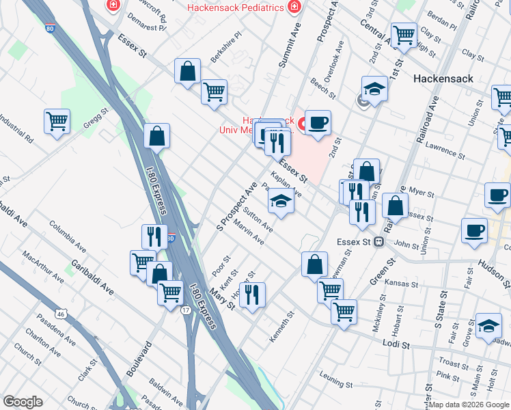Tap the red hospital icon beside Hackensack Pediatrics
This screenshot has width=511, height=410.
[x=294, y=7]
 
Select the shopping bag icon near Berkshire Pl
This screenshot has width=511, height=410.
[x=187, y=71]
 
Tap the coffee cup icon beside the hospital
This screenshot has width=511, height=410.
[x=318, y=123]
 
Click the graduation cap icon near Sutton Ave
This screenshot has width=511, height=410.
[x=281, y=201]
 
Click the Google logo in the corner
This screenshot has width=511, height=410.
[x=23, y=402]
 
